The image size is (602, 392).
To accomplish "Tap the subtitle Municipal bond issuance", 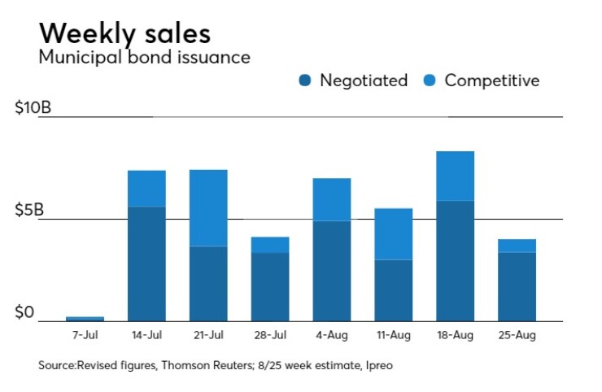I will point(144,58).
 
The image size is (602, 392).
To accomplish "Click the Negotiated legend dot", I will point(305,81).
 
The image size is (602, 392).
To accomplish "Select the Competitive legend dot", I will point(430,81).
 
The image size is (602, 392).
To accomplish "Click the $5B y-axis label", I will point(29,211).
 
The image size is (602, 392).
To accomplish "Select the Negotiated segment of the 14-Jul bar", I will point(146,264).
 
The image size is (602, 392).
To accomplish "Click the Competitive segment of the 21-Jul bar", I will point(208,207).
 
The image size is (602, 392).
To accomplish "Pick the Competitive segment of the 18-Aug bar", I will point(456,176).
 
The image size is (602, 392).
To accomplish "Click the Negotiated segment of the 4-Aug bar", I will point(332,271).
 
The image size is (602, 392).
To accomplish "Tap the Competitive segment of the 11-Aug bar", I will point(394,233).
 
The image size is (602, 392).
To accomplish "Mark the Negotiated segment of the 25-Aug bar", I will point(517,286).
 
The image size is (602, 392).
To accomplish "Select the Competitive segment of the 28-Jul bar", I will point(270,245).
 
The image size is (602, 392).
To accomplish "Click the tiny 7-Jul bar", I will point(85,318).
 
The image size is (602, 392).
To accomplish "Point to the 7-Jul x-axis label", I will point(85,334).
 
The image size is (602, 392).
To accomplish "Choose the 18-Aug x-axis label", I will point(456,334).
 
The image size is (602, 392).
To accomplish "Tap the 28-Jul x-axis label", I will point(270,334).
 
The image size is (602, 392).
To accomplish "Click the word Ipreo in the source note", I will point(379,366).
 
